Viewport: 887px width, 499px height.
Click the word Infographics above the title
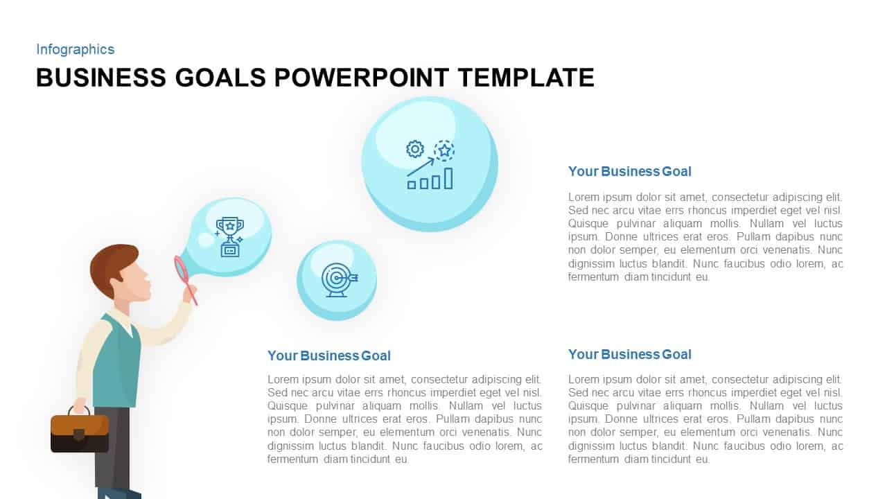75,49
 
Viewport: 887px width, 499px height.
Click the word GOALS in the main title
220,78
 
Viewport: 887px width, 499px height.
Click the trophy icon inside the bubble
229,236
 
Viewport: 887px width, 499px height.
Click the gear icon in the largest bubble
414,149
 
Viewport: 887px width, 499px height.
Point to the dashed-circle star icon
444,150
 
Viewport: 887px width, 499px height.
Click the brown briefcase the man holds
80,433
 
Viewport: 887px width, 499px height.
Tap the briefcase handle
79,410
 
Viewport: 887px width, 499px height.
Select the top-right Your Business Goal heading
629,171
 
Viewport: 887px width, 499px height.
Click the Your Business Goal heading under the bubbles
328,356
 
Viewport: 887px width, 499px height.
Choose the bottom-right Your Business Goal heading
629,354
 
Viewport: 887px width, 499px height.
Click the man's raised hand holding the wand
188,294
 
